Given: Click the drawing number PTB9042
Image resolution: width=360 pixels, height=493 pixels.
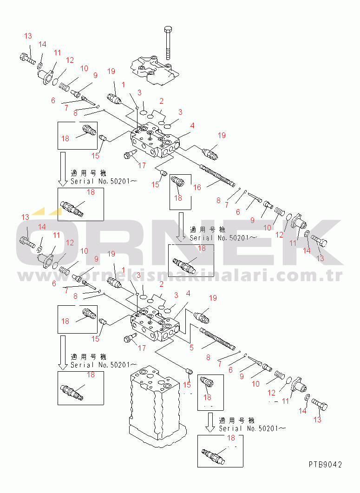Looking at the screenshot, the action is click(x=325, y=464).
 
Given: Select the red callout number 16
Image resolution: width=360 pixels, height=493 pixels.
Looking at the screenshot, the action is click(x=197, y=187).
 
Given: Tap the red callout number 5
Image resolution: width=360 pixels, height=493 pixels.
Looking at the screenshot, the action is click(x=191, y=348).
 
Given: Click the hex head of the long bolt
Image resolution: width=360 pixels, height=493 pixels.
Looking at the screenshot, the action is click(x=168, y=30).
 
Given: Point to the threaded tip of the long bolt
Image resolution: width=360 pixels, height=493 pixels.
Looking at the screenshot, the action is click(x=168, y=57).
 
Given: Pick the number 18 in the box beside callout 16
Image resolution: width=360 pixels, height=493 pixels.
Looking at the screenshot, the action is click(x=178, y=198).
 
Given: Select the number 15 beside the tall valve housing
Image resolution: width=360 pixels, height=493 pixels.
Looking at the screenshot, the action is click(x=187, y=385).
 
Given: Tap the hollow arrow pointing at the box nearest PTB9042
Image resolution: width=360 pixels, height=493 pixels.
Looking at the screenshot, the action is click(x=210, y=422).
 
